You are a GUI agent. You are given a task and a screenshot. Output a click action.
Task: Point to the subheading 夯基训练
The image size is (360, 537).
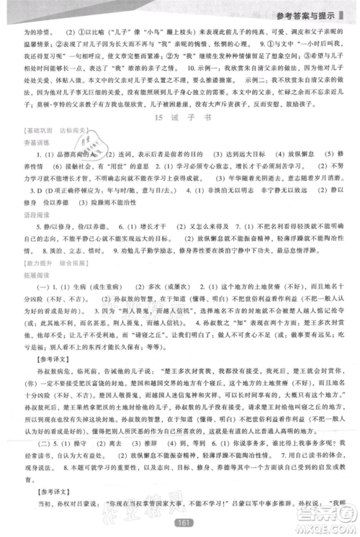coord(27,143)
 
